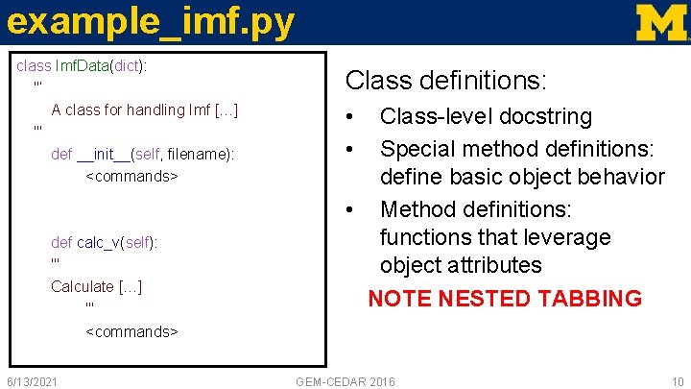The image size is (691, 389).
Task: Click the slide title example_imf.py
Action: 148,22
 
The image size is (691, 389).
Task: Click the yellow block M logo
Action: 661,22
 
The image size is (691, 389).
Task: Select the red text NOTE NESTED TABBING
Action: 505,298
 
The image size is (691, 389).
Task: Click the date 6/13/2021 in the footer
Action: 32,381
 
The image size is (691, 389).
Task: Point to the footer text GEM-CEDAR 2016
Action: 345,381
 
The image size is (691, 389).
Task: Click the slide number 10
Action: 677,381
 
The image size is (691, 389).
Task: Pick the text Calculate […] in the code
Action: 96,286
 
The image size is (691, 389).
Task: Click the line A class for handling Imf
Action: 144,109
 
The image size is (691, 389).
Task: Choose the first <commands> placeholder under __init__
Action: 131,177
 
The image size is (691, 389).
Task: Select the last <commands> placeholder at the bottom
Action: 131,331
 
